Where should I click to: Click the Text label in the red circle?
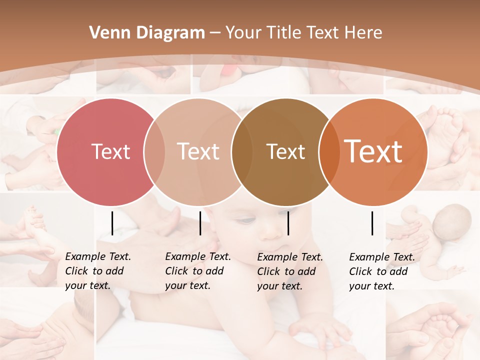pos(110,151)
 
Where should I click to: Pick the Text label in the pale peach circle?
pos(198,151)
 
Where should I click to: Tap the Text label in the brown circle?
pos(285,151)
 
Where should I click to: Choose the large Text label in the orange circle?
pos(373,151)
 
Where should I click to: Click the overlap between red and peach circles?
pos(154,152)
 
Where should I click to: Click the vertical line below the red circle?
pos(112,223)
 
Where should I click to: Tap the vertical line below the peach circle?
pos(200,223)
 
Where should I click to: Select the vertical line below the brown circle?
pos(288,223)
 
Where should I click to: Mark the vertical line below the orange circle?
pos(372,223)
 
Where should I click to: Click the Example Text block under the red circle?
pos(97,271)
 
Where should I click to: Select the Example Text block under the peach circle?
pos(197,271)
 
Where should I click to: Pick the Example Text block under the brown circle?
pos(289,271)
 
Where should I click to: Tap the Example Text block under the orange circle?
pos(381,271)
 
